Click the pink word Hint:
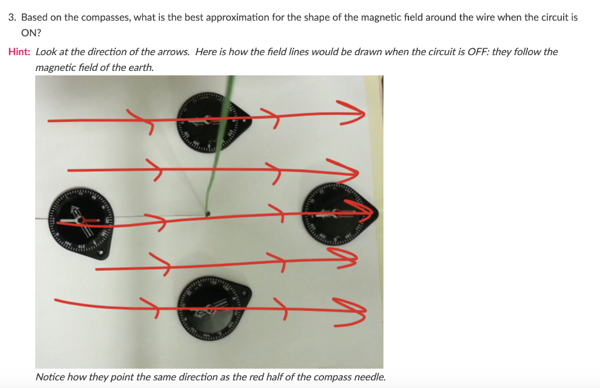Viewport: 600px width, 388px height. tap(19, 52)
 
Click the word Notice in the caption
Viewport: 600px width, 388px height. tap(49, 377)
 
